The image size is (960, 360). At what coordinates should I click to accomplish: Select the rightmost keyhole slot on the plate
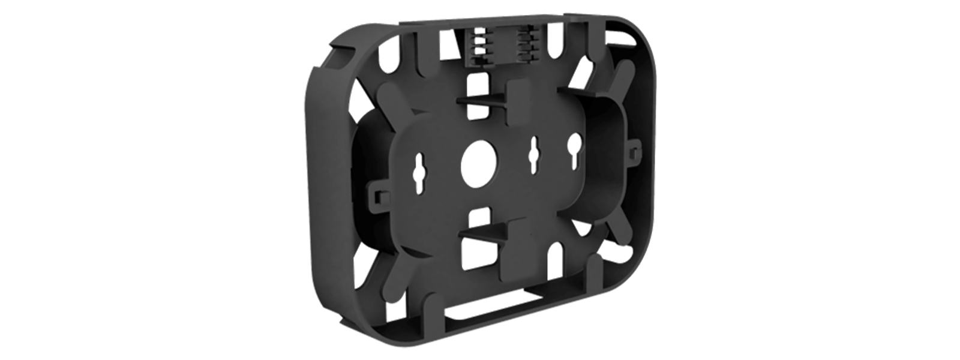point(575,150)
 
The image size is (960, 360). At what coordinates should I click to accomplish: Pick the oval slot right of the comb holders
point(566,45)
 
